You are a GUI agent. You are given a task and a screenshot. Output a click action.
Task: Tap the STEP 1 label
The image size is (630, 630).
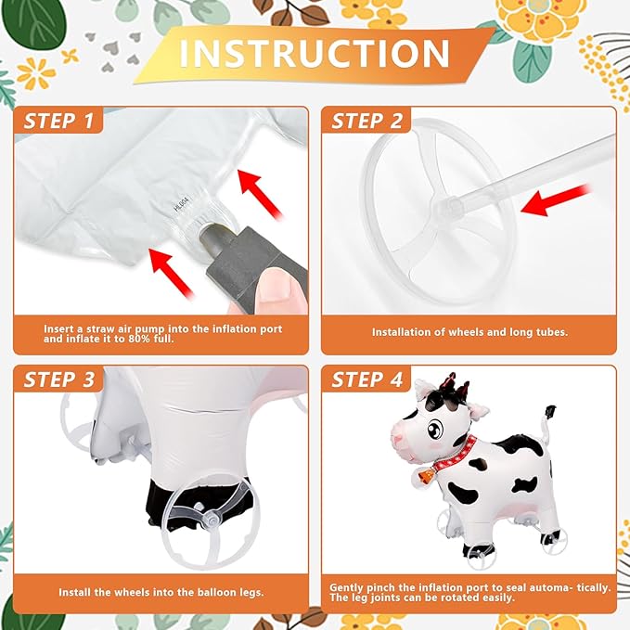click(x=58, y=121)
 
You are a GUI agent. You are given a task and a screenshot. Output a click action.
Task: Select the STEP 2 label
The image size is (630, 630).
click(x=366, y=121)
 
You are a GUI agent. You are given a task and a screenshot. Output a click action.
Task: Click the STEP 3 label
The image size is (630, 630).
click(x=58, y=379)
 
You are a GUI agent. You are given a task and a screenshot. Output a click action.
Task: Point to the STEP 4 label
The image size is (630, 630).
click(x=366, y=379)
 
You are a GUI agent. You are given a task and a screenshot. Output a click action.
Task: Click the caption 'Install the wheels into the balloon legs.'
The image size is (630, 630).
click(x=159, y=591)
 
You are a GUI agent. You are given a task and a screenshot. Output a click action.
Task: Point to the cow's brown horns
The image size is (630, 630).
click(x=452, y=383)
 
